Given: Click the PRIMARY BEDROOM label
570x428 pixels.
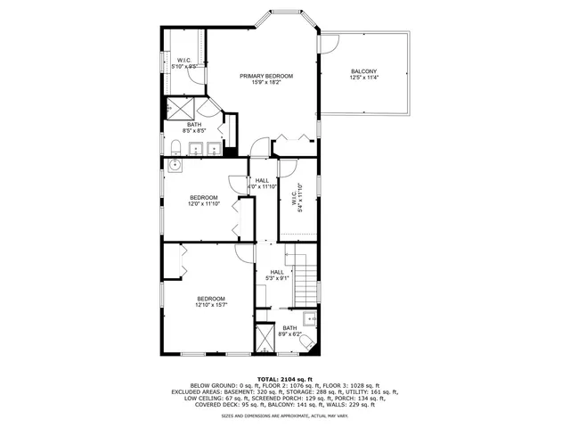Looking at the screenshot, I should click(265, 76).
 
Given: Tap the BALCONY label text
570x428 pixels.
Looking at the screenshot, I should click(363, 71).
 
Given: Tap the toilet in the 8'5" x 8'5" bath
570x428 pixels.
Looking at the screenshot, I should click(175, 146).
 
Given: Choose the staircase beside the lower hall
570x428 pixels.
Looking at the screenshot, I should click(305, 279).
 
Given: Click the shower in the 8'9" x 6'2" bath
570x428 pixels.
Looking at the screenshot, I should click(265, 339).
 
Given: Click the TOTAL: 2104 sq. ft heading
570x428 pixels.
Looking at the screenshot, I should click(284, 379).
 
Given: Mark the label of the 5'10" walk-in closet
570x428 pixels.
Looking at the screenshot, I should click(184, 62).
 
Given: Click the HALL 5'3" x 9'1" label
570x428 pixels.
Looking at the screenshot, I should click(277, 276).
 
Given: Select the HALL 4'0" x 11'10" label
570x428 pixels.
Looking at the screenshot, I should click(262, 184).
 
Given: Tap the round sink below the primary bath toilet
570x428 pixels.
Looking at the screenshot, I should click(176, 165).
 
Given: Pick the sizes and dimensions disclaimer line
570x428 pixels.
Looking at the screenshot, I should click(284, 415).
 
